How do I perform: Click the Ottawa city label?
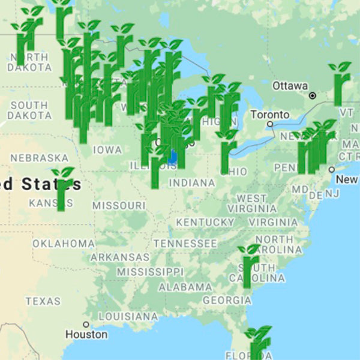pos(290,86)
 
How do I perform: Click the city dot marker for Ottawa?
pos(312,95)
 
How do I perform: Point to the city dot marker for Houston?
pos(86,324)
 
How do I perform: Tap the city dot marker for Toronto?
pos(271,124)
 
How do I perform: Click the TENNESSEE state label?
pos(185,244)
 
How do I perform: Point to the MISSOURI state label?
pos(119,205)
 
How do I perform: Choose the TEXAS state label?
pos(43,301)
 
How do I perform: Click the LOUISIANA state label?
pos(128,316)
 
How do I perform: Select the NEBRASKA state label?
pos(40,157)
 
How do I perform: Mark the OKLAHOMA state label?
pos(63,244)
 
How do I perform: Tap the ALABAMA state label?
pos(185,287)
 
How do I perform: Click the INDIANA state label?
pos(191,182)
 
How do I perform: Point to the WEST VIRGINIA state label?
pos(251,203)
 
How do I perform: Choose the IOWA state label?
pos(107,149)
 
